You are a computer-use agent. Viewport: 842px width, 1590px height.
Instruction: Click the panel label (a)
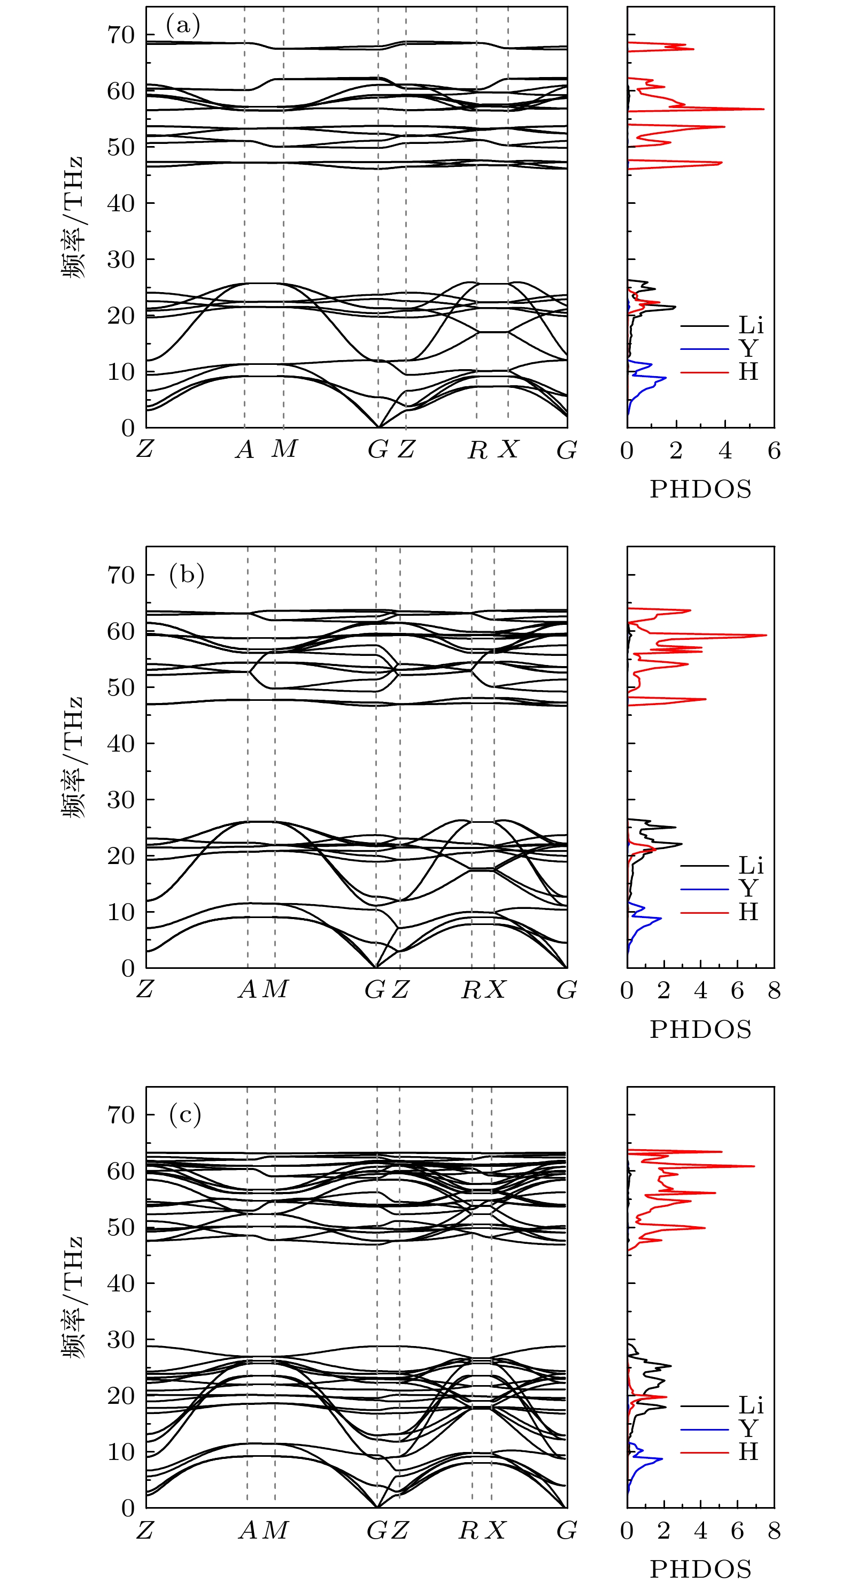pos(183,26)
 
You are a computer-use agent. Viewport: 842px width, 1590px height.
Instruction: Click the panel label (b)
pos(186,575)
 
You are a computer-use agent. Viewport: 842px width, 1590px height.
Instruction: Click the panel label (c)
pos(185,1115)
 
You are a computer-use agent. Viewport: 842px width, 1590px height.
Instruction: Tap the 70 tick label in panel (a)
pos(121,35)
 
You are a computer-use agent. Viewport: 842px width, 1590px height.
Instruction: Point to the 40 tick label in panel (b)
pos(121,744)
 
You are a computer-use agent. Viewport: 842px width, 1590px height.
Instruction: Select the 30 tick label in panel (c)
pos(121,1340)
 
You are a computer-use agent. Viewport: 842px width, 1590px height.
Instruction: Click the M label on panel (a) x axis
pos(284,449)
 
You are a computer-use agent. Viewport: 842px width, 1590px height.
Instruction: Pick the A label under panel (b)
pos(248,989)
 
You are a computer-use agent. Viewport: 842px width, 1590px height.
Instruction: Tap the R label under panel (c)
pos(469,1530)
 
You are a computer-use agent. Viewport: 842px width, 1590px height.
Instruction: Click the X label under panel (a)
pos(508,449)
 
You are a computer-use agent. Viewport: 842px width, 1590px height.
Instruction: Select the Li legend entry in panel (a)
pos(751,325)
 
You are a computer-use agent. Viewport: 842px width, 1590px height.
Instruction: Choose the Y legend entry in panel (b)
pos(748,889)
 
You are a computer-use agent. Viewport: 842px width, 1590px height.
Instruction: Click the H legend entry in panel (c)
pos(748,1452)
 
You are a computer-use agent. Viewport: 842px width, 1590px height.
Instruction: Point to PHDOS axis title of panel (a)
pos(701,490)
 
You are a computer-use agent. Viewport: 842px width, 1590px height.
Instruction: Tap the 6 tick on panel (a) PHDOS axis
pos(774,451)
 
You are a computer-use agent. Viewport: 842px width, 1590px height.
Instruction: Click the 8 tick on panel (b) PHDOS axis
pos(774,991)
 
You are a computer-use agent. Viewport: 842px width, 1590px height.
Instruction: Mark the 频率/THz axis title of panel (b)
pos(72,758)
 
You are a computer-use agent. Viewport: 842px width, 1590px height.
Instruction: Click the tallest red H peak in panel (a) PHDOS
pos(763,109)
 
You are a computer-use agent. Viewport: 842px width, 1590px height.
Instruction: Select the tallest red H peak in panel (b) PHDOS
pos(766,635)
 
